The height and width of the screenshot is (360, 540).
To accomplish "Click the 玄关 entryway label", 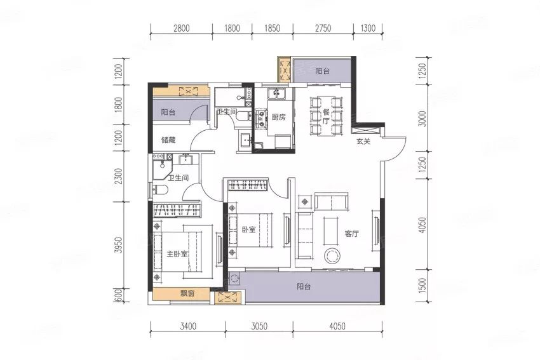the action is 363,141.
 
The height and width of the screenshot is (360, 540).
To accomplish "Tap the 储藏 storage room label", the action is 168,140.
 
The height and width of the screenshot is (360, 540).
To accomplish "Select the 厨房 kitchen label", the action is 279,117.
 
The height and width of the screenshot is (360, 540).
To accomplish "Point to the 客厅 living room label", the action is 351,234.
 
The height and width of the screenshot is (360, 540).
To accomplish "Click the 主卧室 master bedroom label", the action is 177,254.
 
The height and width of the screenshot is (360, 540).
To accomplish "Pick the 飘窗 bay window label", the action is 187,293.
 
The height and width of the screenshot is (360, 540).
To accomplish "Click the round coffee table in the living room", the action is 333,256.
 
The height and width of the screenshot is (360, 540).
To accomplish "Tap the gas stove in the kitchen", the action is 261,118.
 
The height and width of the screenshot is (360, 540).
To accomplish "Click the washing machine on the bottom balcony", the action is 234,278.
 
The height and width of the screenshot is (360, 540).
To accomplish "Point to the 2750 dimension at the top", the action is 323,28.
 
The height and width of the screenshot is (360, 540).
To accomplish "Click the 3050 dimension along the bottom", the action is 259,326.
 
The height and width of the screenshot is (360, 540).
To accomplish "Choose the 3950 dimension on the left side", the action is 118,245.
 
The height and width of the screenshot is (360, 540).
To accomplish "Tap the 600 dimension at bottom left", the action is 118,295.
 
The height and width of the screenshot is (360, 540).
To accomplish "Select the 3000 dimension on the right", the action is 423,119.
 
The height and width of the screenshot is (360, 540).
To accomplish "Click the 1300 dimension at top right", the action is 368,28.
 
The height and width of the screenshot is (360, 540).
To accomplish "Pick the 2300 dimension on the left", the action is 118,177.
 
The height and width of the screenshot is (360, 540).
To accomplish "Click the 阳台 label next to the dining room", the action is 322,71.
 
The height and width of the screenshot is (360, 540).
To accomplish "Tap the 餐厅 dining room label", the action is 326,116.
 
